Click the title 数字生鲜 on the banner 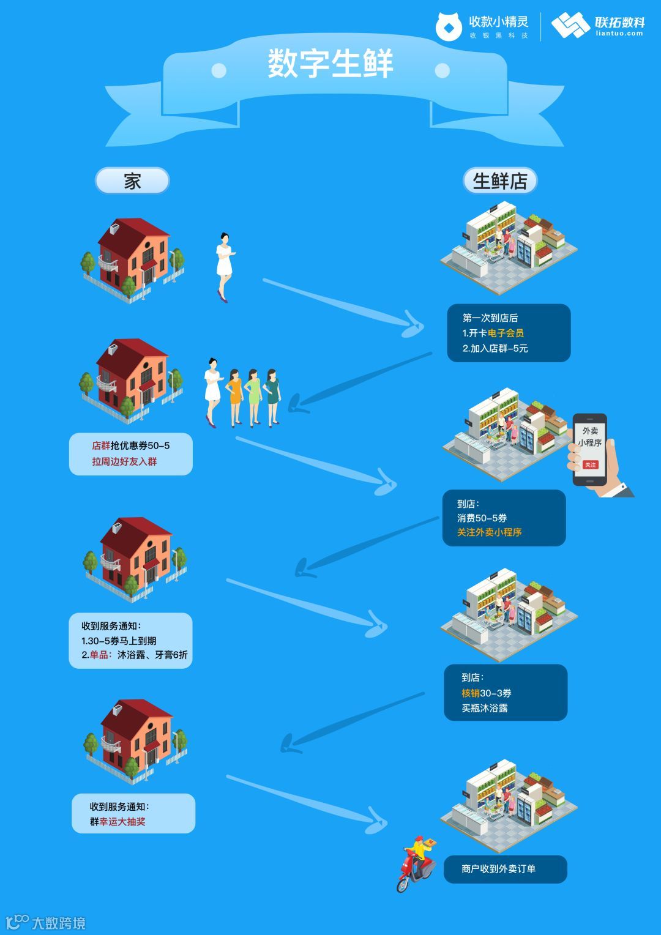pyautogui.click(x=330, y=64)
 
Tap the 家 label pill pyautogui.click(x=132, y=181)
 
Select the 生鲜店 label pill pyautogui.click(x=499, y=181)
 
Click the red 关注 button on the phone pyautogui.click(x=590, y=465)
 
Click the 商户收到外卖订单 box pyautogui.click(x=505, y=869)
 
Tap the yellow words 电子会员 pyautogui.click(x=506, y=333)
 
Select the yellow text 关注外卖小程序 pyautogui.click(x=489, y=532)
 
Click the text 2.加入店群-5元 pyautogui.click(x=495, y=349)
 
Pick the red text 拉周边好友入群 pyautogui.click(x=124, y=461)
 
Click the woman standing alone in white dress pyautogui.click(x=224, y=266)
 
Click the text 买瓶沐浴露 pyautogui.click(x=485, y=708)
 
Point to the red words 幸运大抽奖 pyautogui.click(x=122, y=822)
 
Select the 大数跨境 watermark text pyautogui.click(x=58, y=923)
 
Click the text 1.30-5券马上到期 pyautogui.click(x=119, y=641)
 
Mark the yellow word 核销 pyautogui.click(x=470, y=693)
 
